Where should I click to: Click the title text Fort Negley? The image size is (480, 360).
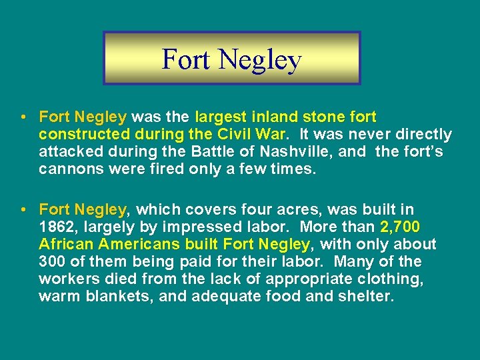[x=231, y=59]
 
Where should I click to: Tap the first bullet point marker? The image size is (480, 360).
[x=23, y=117]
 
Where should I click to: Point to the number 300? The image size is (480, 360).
[x=53, y=262]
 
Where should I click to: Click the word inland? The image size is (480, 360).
[x=272, y=117]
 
